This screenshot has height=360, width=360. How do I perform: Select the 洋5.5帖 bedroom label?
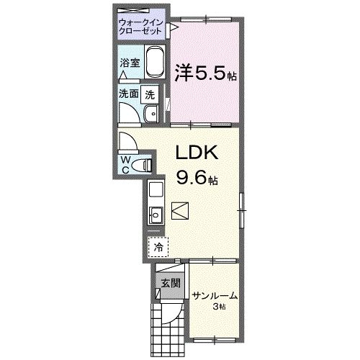pos(206,73)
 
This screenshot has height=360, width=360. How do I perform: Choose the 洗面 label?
pos(129,93)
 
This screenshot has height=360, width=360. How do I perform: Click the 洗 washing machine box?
pos(150,93)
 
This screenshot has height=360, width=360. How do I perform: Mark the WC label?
pos(125,163)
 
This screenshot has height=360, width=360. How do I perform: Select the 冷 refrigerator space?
pos(158,246)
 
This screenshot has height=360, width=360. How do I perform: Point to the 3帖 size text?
pos(219,307)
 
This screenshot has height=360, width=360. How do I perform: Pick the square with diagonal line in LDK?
pos(180,211)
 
